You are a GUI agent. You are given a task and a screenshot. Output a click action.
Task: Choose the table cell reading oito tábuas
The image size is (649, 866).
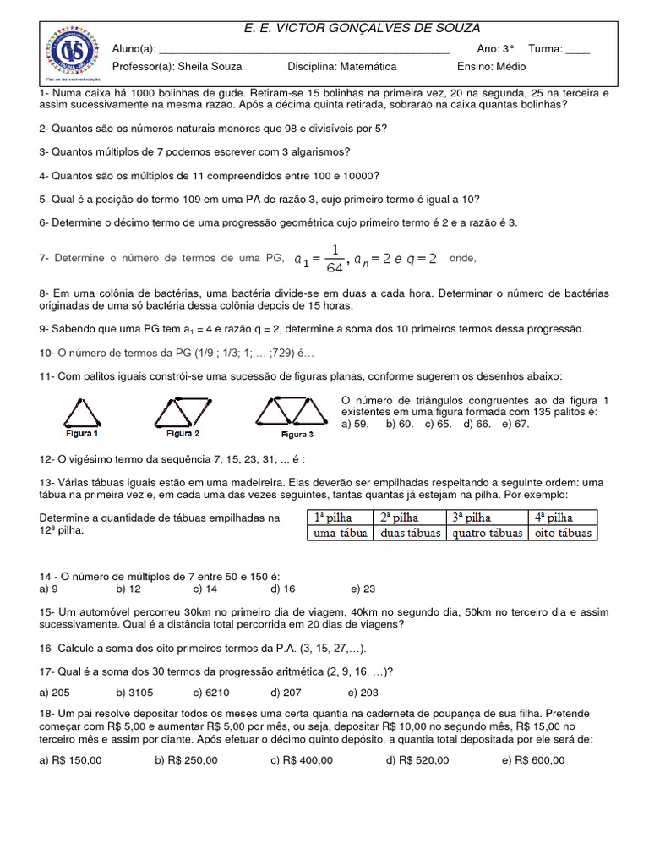(x=563, y=533)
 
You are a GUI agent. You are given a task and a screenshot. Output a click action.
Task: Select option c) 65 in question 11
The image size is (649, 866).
(x=439, y=424)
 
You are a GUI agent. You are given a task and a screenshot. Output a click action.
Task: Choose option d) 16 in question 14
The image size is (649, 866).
(x=283, y=588)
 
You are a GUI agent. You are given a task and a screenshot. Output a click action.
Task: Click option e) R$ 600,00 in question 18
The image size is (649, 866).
(x=533, y=759)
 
